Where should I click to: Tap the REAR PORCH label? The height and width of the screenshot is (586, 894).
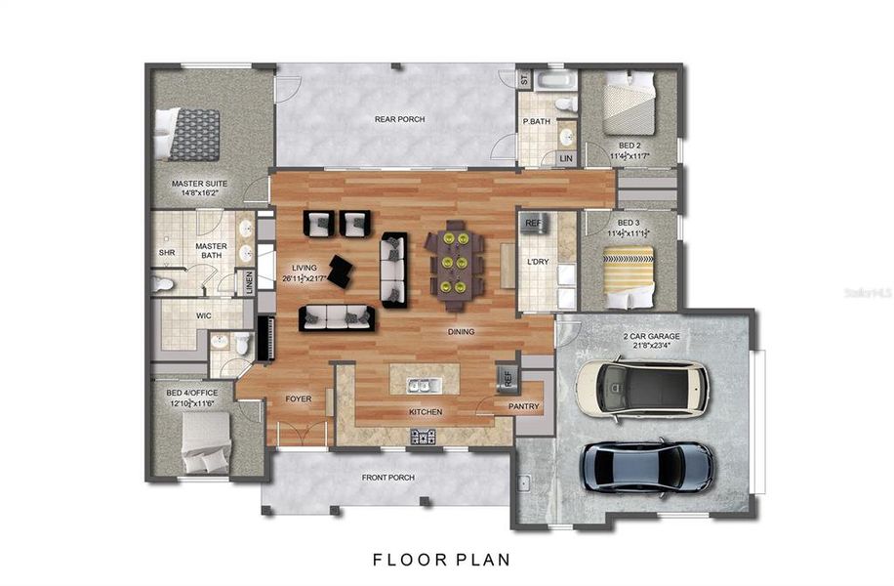[x=399, y=120]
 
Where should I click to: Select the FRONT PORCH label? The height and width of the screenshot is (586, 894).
[x=387, y=478]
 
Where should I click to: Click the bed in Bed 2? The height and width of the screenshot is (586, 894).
[x=629, y=106]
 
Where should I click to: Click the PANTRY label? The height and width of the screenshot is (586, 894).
[x=523, y=406]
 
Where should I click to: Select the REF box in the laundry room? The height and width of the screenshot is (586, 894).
[x=533, y=224]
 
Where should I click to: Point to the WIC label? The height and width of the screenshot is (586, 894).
[x=204, y=315]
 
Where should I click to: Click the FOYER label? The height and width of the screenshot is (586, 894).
[x=298, y=398]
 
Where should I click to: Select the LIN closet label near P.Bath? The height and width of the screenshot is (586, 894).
[x=565, y=158]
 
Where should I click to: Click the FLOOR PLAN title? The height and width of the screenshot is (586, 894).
[x=440, y=560]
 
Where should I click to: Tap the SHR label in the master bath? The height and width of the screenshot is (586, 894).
[x=167, y=253]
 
